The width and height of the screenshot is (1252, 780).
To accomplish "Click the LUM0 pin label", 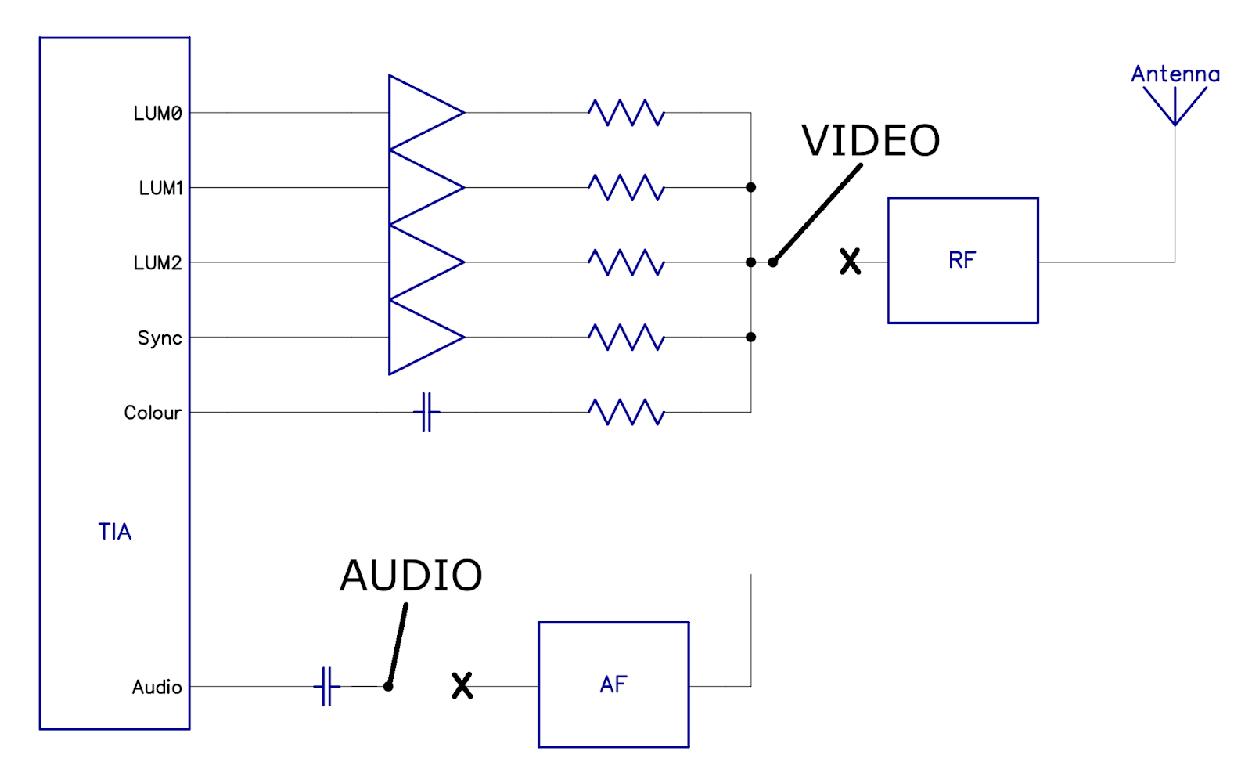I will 157,114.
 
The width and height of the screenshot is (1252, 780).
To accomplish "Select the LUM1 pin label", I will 160,188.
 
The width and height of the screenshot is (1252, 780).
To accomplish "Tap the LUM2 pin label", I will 157,263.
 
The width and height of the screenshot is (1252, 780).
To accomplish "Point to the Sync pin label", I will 160,338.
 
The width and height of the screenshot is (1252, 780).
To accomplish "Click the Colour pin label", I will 153,413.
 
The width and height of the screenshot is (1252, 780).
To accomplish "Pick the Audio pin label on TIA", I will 156,687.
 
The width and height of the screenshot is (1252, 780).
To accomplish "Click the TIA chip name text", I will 114,532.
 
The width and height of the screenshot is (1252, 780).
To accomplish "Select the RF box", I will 962,260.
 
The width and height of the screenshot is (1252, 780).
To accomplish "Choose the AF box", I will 613,684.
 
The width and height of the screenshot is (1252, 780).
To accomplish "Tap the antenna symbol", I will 1175,106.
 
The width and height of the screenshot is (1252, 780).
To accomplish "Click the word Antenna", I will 1175,74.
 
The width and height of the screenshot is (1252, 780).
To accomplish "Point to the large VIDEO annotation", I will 870,141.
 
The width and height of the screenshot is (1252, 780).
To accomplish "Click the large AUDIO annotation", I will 411,576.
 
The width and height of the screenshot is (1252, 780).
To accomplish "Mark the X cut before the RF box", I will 850,262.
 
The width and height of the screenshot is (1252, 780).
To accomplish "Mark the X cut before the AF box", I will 462,685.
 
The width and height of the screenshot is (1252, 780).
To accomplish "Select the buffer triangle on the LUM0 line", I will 423,113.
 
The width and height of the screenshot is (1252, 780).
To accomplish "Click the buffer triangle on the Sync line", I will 423,338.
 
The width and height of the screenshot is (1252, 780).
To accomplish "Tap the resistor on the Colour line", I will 626,412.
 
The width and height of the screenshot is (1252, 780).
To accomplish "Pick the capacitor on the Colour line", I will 426,412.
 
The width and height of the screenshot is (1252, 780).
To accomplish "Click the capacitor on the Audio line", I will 327,687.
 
